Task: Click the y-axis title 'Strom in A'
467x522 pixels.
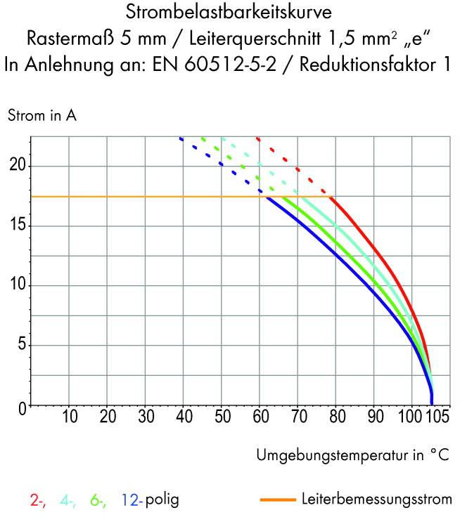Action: click(41, 116)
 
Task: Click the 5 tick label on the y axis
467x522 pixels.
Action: click(22, 346)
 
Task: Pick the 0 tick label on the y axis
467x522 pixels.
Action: click(22, 406)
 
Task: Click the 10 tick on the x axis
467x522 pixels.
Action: click(69, 417)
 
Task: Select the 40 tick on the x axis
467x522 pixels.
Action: click(184, 417)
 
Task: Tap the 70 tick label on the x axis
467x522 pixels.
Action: click(298, 417)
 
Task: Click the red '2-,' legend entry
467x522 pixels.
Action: click(38, 501)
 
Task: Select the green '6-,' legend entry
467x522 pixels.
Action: click(98, 501)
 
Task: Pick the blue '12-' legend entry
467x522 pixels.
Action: click(132, 501)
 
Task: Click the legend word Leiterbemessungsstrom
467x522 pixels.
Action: click(376, 500)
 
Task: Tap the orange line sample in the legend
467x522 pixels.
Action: click(277, 500)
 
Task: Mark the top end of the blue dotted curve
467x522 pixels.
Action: click(181, 139)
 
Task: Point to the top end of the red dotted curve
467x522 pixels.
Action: click(258, 139)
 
